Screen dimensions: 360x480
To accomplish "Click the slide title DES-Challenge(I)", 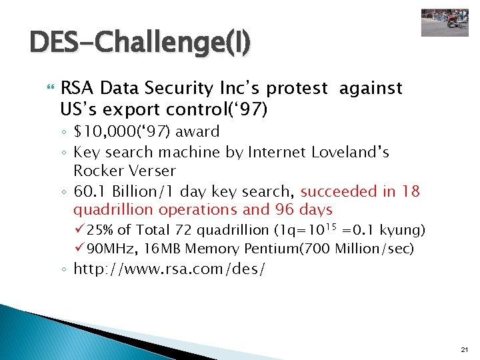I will click(x=141, y=43).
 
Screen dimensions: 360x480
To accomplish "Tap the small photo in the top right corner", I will click(x=445, y=22).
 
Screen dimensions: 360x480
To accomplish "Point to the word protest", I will click(x=299, y=88).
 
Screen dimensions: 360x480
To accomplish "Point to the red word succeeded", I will click(x=340, y=192).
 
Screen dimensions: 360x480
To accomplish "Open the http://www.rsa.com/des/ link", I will click(x=169, y=269).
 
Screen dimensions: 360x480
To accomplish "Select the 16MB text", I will click(x=164, y=249).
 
